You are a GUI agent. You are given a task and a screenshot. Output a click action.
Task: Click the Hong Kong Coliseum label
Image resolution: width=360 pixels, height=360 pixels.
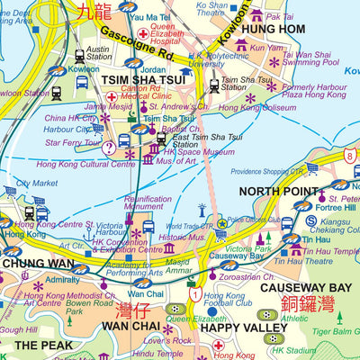pos(291,107)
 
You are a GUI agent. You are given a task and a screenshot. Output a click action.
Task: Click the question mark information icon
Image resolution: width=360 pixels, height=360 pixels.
pos(108,147)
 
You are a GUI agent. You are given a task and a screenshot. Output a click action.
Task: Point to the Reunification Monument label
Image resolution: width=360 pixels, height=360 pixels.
pos(148,203)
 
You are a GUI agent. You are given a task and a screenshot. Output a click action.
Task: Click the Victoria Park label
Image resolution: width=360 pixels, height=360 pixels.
pos(248,248)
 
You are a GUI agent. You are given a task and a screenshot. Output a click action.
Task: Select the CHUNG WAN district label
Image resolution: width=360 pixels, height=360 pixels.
pos(37,264)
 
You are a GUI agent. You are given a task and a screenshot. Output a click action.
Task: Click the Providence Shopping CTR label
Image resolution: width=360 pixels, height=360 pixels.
pos(281,171)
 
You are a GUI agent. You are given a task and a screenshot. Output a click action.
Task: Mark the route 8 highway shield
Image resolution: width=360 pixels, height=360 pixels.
pos(350,156)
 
